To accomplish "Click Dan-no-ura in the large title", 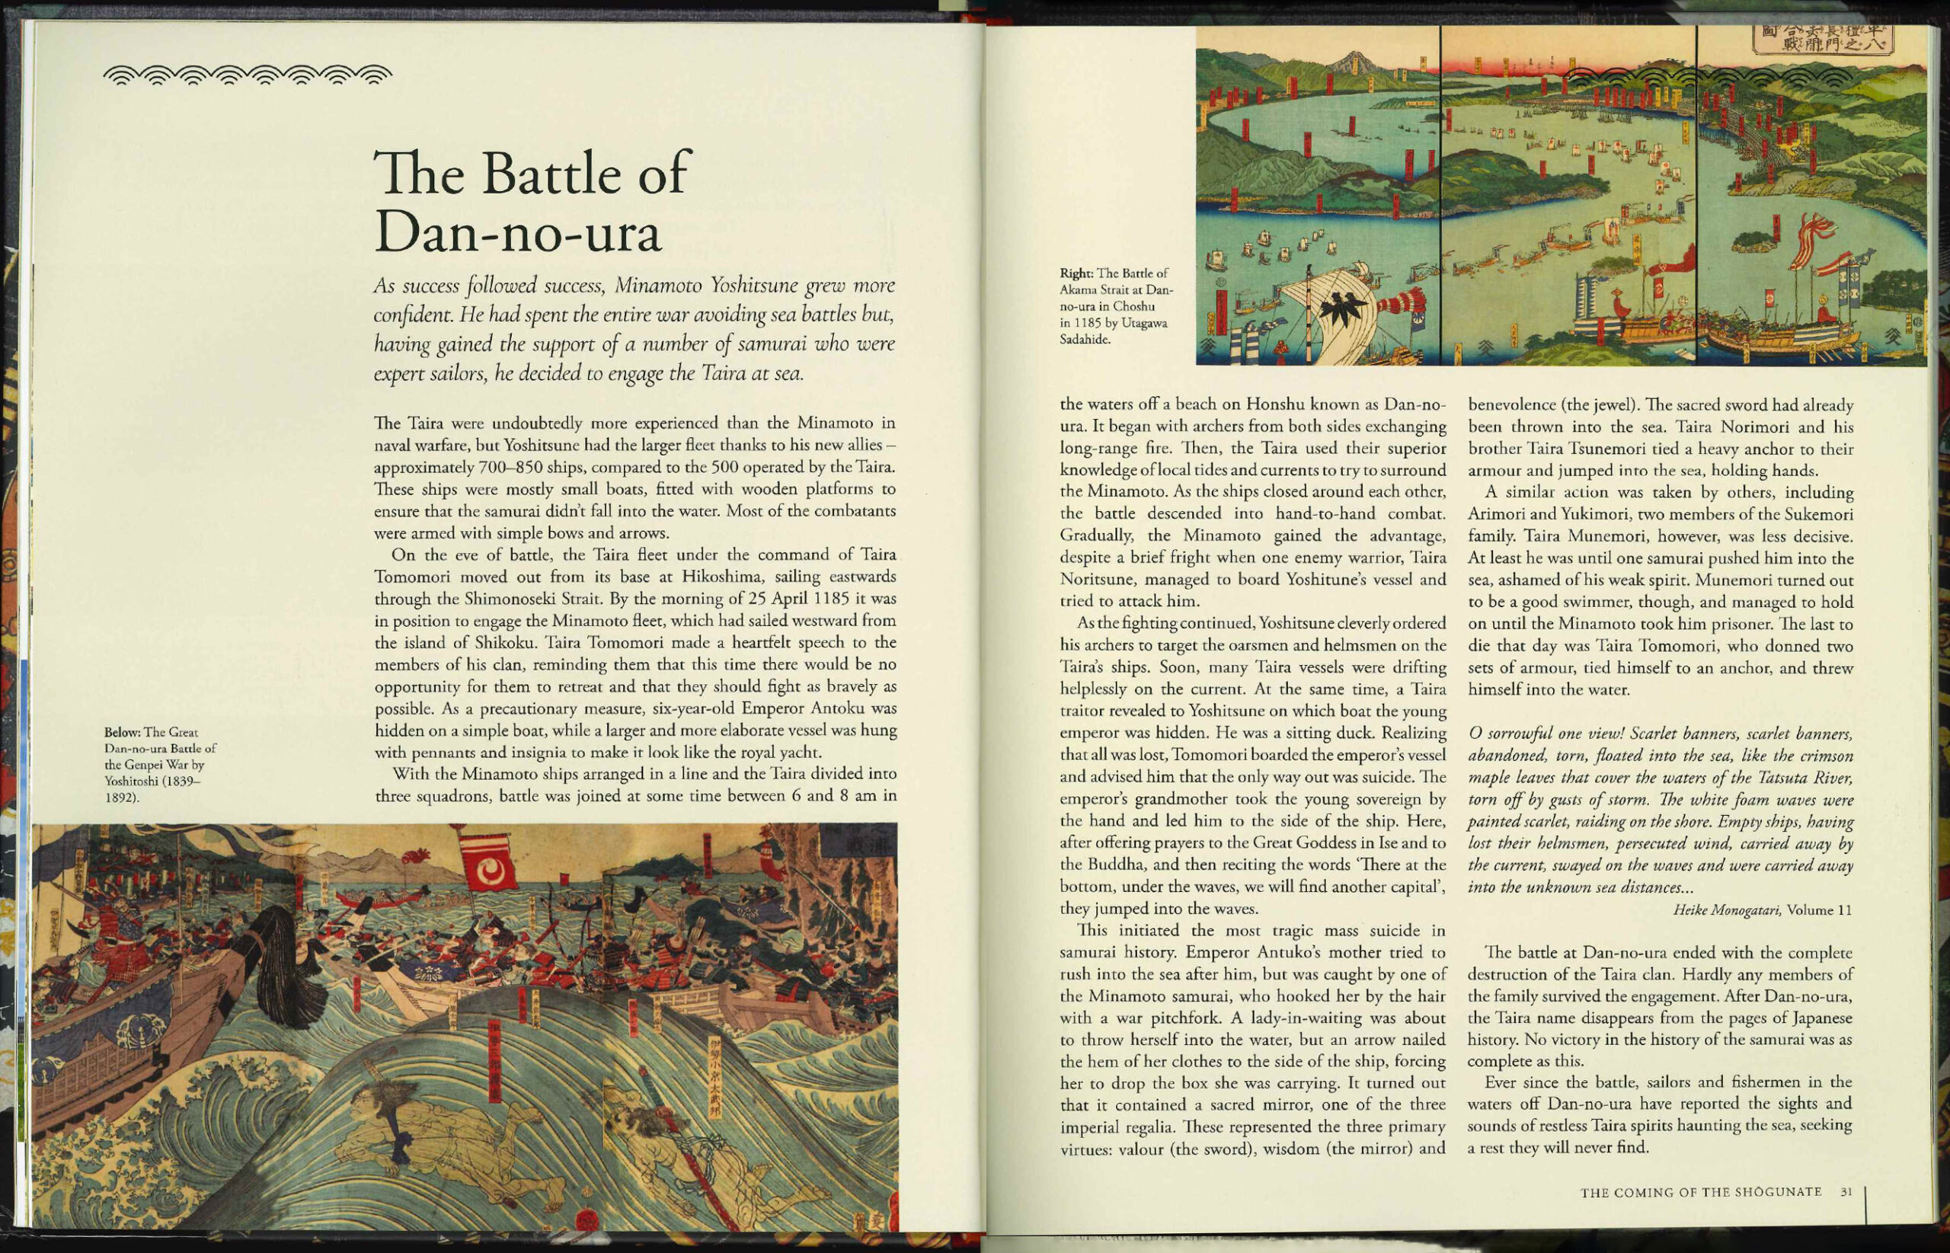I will (x=517, y=234).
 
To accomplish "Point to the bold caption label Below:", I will (x=122, y=732).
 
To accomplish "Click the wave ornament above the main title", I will (x=248, y=75).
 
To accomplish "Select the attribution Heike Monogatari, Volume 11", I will (x=1762, y=910).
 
